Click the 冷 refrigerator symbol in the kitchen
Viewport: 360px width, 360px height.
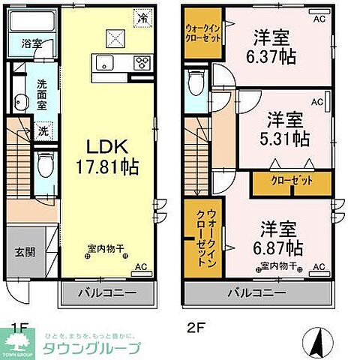140,14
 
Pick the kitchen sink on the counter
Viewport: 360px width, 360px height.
104,64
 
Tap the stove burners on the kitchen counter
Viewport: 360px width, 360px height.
141,64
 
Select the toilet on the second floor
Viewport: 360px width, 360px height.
195,83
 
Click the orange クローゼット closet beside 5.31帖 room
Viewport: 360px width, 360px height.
291,181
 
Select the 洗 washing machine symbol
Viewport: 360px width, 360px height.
42,132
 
